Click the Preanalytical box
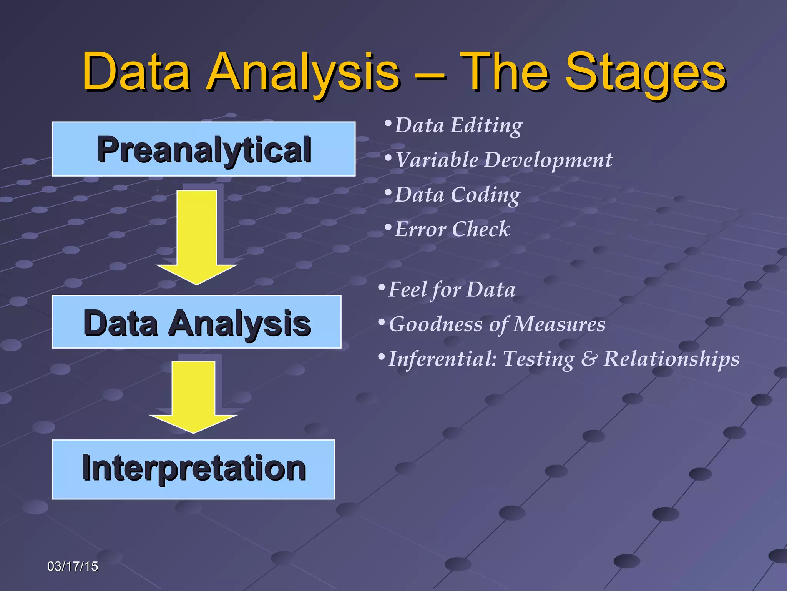coord(204,149)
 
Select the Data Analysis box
coord(196,322)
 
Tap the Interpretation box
coord(193,469)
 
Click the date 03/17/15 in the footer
coord(72,566)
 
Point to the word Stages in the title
coord(646,73)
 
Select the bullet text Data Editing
coord(458,125)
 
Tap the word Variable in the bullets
coord(437,160)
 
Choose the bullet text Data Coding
coord(457,195)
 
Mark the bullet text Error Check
coord(452,229)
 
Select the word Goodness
coord(436,324)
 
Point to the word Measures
coord(559,324)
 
